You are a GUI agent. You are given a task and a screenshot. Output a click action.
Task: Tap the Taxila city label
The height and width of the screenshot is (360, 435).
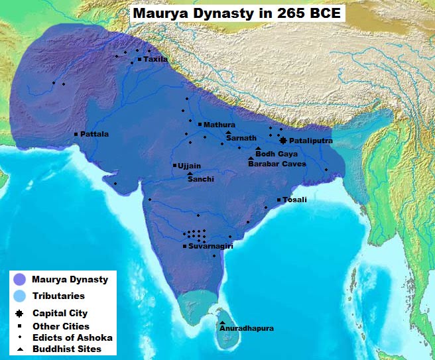click(156, 60)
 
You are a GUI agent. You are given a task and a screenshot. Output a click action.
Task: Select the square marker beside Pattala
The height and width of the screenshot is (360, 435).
click(76, 134)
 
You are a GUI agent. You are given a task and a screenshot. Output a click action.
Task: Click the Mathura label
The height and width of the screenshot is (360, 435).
click(219, 125)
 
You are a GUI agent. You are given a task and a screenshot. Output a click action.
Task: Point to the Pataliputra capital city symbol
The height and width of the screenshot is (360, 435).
click(283, 141)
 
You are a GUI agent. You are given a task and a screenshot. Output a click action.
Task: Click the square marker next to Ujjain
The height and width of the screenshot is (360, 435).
click(174, 165)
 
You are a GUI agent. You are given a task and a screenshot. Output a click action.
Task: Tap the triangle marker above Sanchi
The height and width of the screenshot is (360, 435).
click(190, 173)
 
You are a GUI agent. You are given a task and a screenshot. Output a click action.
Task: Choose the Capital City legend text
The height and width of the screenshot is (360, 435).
click(60, 313)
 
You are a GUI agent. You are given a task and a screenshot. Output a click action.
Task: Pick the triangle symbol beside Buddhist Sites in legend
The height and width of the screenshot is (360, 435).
click(21, 349)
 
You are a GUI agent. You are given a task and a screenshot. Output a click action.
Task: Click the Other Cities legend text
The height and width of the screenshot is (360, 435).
click(60, 326)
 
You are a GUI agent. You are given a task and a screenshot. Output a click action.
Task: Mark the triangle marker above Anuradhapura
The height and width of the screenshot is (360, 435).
click(222, 322)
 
